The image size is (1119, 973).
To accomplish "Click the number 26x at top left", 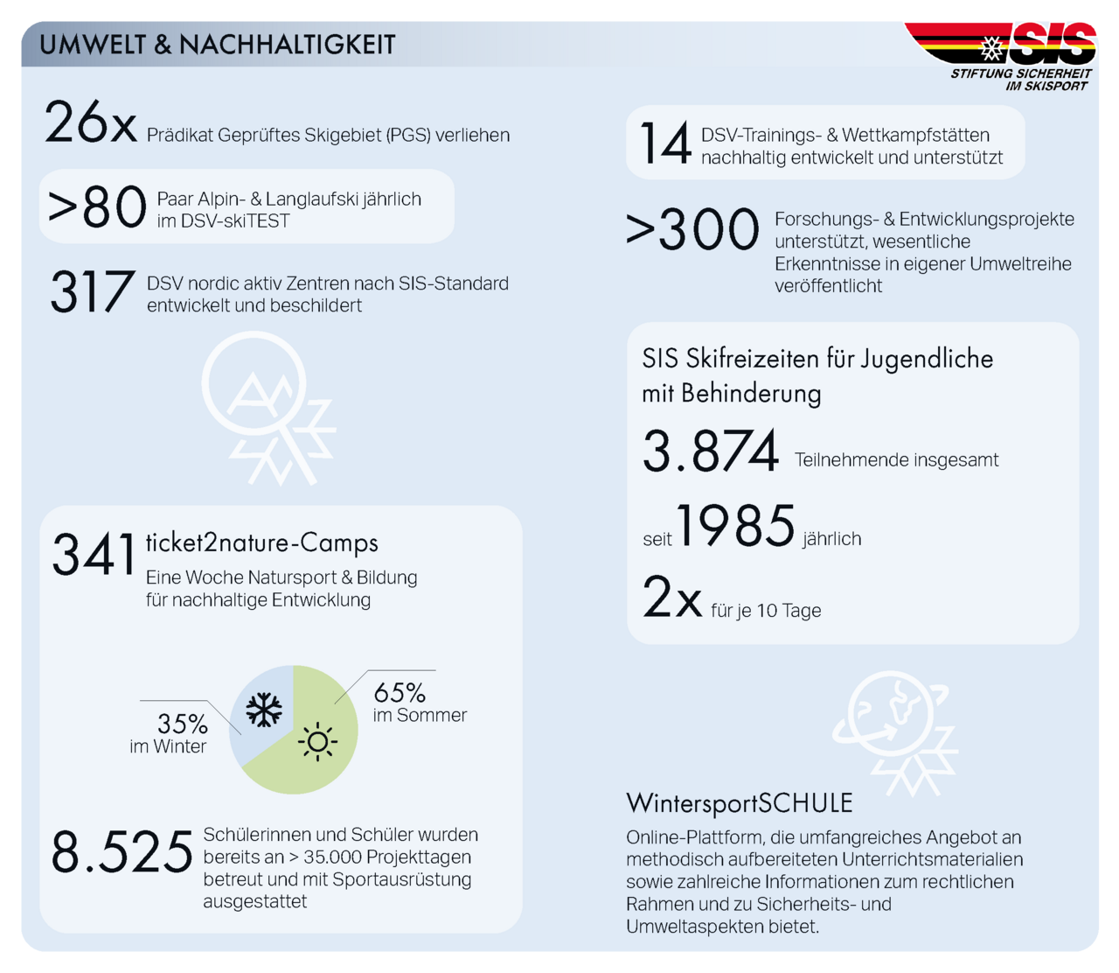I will [91, 123].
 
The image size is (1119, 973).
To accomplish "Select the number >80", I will [97, 208].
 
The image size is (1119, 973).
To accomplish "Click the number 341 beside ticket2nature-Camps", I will [94, 555].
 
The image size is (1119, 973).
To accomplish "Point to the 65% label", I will [400, 693].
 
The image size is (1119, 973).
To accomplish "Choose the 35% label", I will [183, 724].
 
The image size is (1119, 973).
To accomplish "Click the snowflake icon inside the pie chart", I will [264, 710].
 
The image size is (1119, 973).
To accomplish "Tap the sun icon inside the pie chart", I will [317, 742].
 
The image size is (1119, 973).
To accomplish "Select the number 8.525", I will [122, 852].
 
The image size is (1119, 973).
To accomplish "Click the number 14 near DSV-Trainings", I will [665, 143].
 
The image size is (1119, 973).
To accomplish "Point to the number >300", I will [692, 230].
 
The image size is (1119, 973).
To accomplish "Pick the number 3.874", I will [711, 452].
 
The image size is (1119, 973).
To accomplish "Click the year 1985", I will [736, 527].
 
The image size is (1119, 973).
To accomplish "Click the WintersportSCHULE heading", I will [740, 803].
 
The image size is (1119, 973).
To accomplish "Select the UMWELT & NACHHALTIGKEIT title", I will [218, 45].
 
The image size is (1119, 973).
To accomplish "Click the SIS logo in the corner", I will [1015, 55].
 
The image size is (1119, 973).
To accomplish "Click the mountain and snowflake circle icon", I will [267, 408].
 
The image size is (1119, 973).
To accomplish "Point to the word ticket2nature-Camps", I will [261, 543].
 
